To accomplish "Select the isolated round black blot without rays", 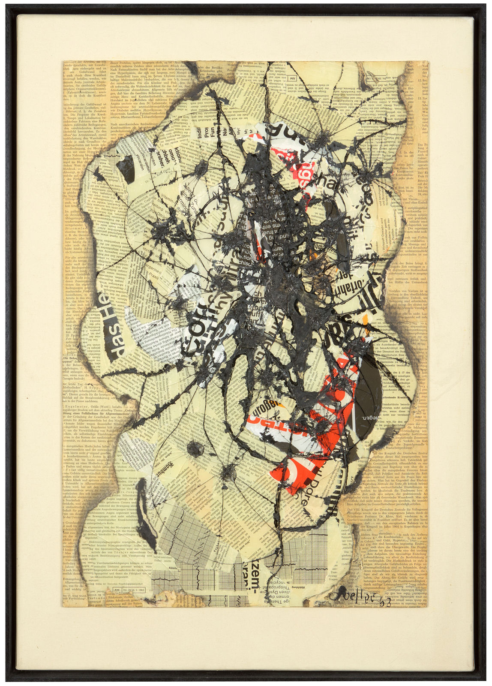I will click(195, 449).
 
